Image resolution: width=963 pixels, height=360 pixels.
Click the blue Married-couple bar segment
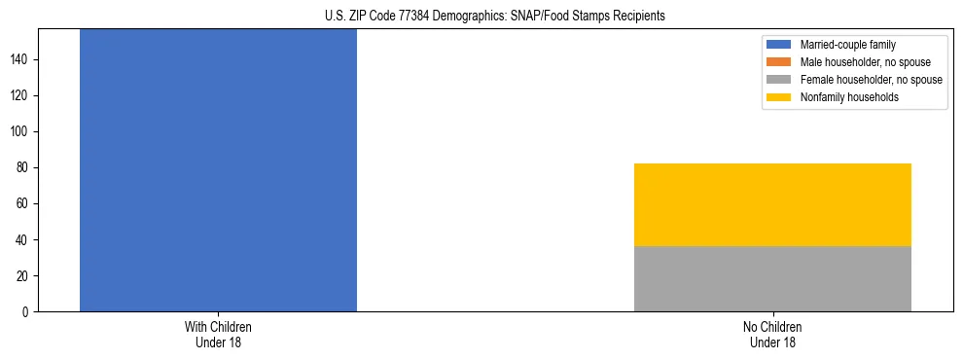pos(218,170)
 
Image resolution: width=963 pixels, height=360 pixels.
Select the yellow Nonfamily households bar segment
pos(772,204)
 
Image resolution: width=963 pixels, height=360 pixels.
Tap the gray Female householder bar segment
pos(772,278)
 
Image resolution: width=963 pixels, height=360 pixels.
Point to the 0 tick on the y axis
pos(28,311)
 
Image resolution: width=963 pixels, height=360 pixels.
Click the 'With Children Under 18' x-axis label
pos(218,334)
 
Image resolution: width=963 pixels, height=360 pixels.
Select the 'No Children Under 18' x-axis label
pos(772,334)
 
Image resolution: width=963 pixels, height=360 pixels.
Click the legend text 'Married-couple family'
pos(847,45)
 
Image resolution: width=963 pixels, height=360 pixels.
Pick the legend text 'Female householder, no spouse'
pos(871,80)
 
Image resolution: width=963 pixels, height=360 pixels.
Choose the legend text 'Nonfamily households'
pos(849,97)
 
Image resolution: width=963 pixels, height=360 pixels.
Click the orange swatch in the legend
pos(779,62)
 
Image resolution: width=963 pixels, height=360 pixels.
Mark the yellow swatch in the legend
pos(779,97)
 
